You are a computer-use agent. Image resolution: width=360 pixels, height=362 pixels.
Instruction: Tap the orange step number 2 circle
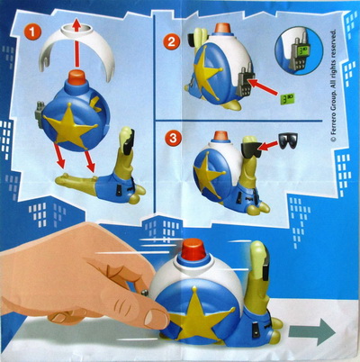pos(171,41)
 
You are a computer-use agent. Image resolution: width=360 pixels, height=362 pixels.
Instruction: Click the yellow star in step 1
pos(69,125)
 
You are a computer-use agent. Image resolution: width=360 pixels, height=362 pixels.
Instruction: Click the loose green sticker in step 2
pos(288,99)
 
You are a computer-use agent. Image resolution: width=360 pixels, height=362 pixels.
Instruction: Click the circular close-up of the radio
pos(299,50)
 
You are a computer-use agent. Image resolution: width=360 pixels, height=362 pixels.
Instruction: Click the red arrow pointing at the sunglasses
pos(268,145)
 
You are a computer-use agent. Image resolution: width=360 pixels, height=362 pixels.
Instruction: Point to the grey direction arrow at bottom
pos(312,331)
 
